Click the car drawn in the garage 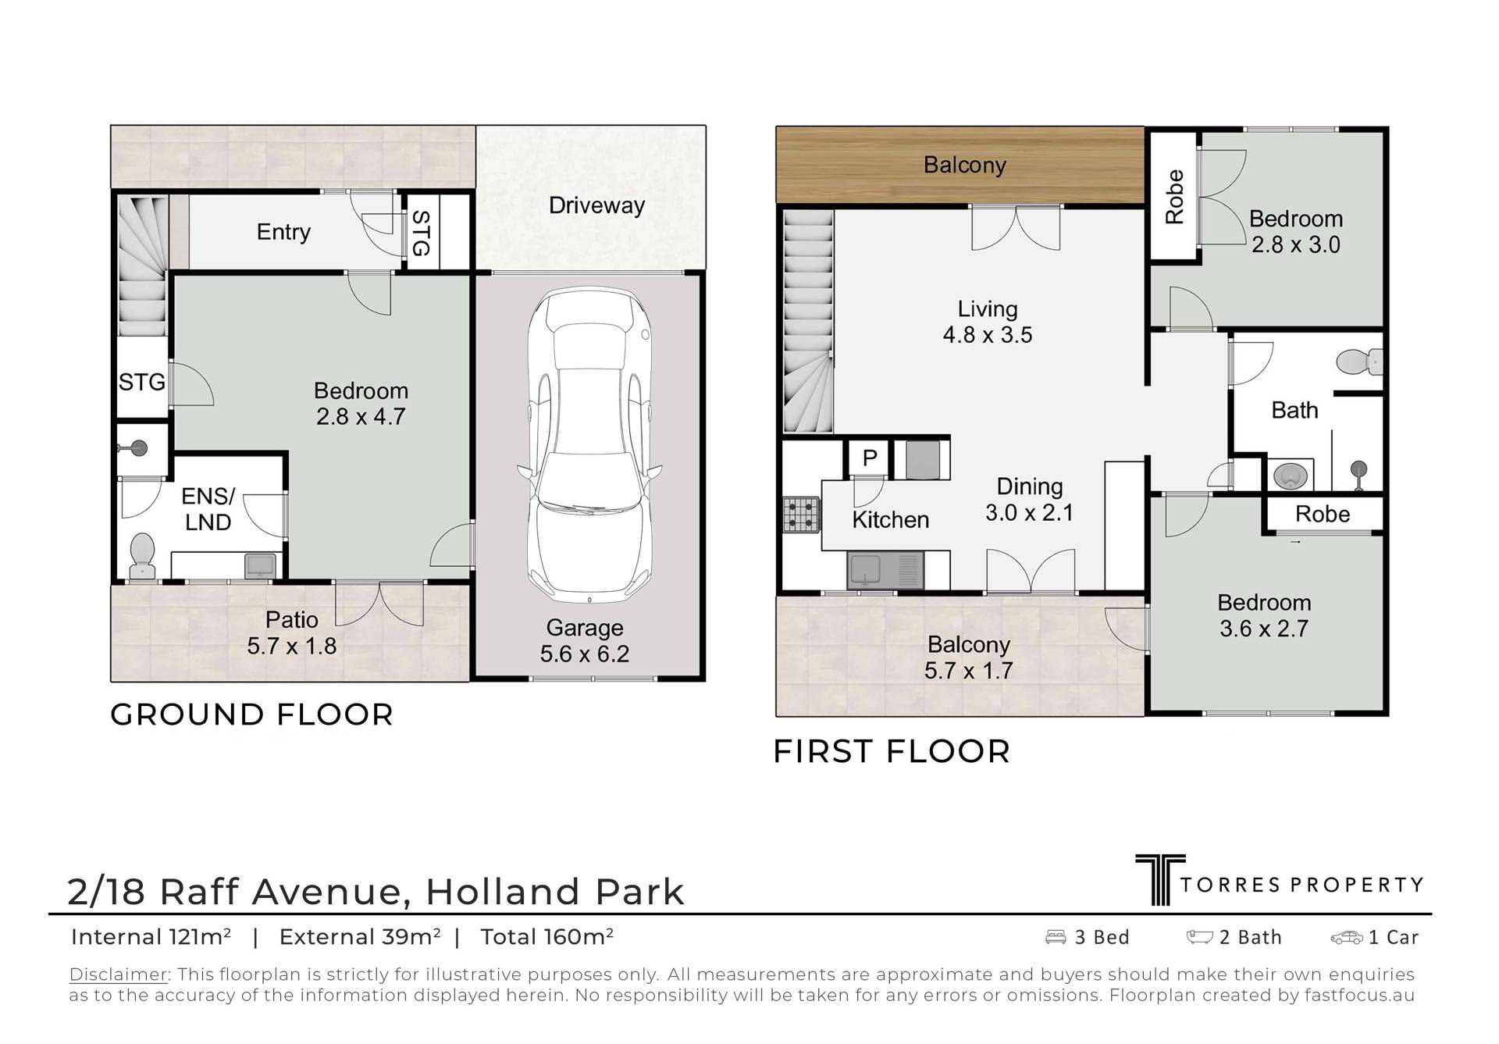(589, 446)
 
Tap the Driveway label (596, 205)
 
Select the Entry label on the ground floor (283, 232)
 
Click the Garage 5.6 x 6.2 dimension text (585, 640)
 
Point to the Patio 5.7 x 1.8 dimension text (292, 632)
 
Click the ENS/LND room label (208, 509)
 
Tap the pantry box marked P (870, 458)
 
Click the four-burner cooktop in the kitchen (801, 515)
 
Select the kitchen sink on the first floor (885, 570)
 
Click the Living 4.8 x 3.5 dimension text (988, 322)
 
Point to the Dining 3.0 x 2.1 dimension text (1029, 500)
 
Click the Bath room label (1294, 410)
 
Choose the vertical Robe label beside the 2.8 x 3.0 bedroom (1174, 197)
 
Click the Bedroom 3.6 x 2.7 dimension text (1264, 615)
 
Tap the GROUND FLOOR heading (251, 714)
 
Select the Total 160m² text (547, 936)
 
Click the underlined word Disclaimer (119, 975)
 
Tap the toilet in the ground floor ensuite (142, 556)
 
